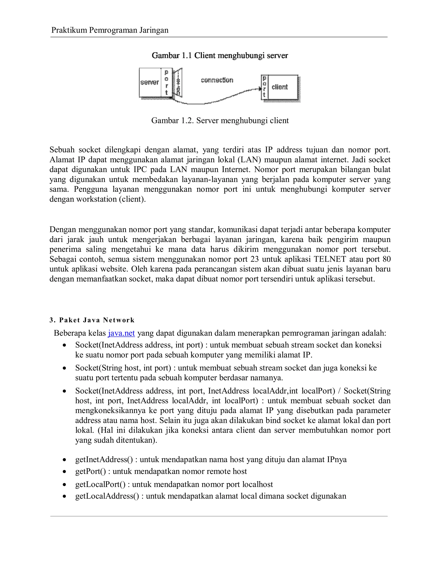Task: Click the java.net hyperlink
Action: pos(121,333)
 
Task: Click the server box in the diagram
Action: pos(150,82)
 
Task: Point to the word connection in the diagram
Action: pos(217,80)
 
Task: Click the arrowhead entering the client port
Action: pos(260,89)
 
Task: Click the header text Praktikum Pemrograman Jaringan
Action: pos(110,30)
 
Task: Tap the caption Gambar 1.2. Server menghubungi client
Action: pos(220,120)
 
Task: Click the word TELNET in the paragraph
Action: pos(330,259)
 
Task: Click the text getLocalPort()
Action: pos(101,484)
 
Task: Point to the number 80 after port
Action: pos(386,259)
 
